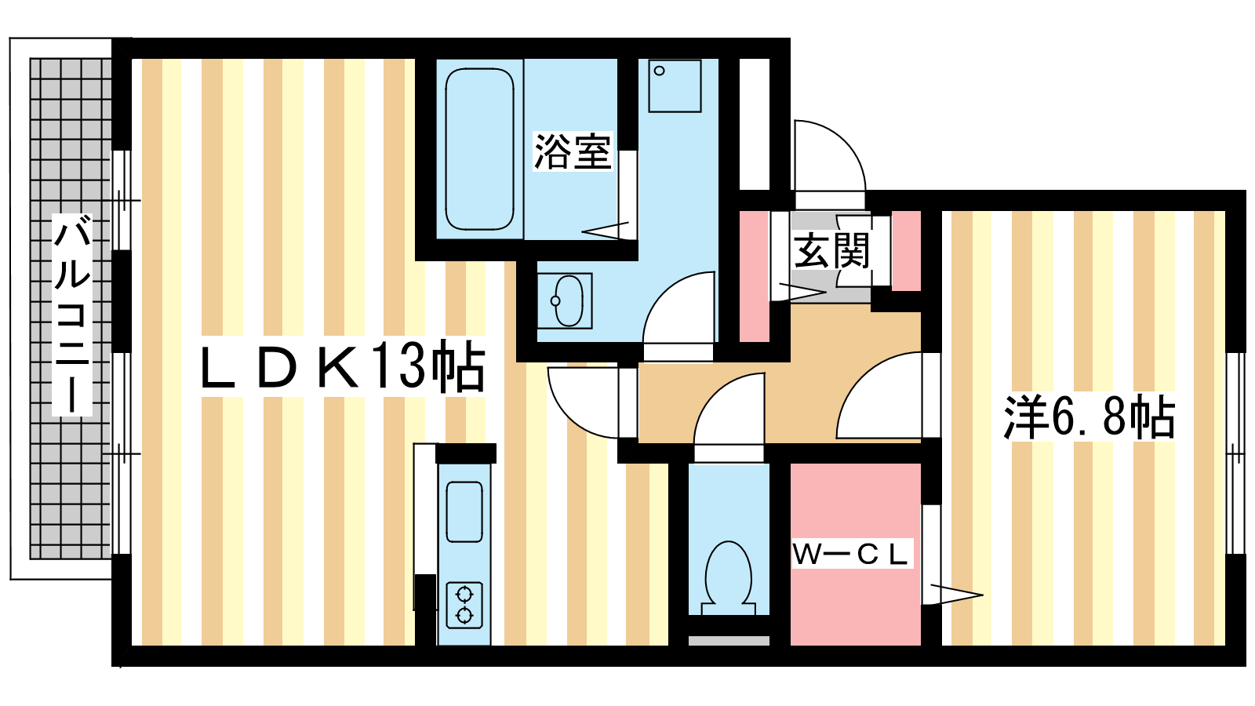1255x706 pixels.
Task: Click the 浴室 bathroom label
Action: click(572, 151)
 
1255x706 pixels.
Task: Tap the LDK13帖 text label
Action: click(342, 367)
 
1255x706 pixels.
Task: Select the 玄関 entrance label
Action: click(831, 250)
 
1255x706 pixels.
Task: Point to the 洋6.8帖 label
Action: click(1089, 417)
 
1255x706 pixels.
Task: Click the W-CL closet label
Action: click(850, 555)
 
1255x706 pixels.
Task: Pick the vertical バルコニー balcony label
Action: click(71, 315)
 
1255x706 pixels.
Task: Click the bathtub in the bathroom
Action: click(479, 149)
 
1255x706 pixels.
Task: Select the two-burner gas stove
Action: click(464, 605)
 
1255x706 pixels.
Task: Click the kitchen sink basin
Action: click(464, 512)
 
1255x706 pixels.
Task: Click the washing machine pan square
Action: click(675, 86)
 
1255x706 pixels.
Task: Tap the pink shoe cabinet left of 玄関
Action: click(754, 276)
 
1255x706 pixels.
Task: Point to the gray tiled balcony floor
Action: click(71, 309)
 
